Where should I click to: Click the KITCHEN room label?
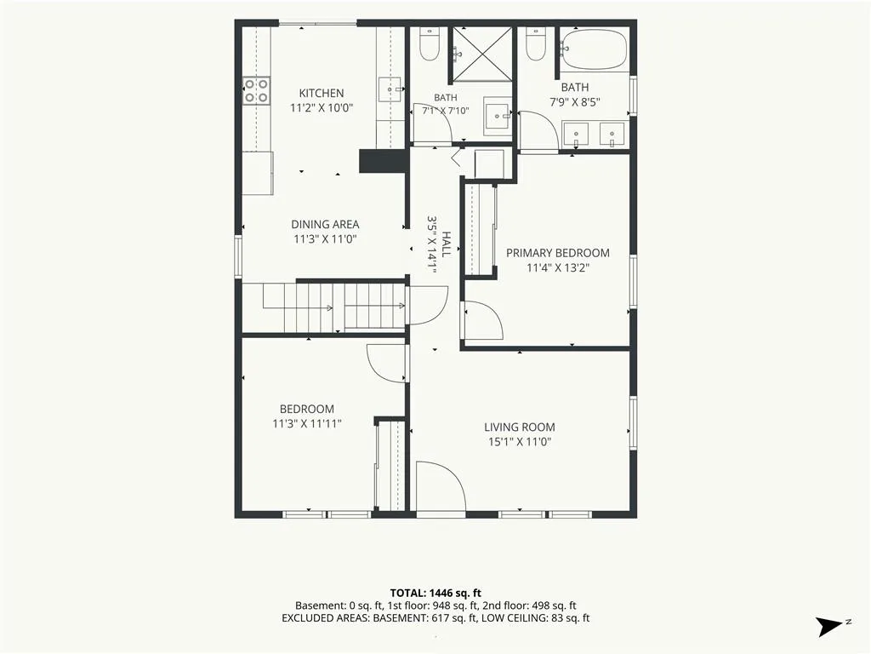[321, 93]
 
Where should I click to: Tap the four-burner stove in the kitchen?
[257, 90]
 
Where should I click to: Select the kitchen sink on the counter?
[390, 89]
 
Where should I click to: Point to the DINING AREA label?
[325, 224]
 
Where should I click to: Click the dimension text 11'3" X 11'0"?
[325, 239]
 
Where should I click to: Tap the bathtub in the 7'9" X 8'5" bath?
[594, 49]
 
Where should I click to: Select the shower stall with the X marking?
[481, 54]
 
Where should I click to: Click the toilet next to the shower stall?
[430, 43]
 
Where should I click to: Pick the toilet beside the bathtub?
[536, 43]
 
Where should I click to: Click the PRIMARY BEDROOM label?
[558, 253]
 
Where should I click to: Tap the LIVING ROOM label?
[520, 427]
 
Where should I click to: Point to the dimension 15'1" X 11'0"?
[520, 442]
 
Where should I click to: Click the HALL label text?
[446, 244]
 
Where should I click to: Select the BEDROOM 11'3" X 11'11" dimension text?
[306, 424]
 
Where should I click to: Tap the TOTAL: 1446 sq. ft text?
[435, 593]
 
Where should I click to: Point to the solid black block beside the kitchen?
[384, 161]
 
